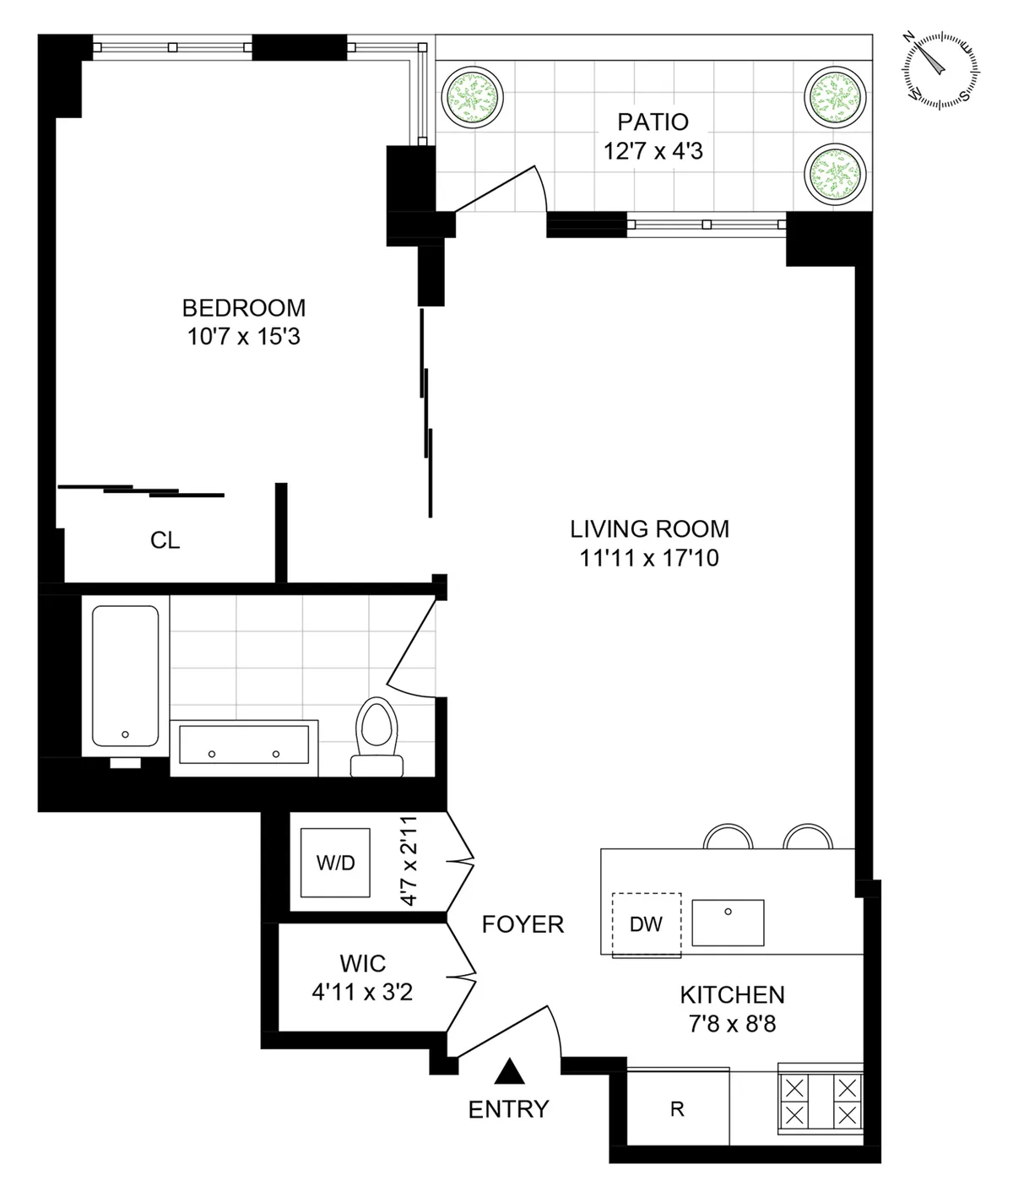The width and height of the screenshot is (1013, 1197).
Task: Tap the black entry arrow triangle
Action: tap(509, 1072)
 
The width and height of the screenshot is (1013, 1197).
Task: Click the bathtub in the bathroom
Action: tap(125, 675)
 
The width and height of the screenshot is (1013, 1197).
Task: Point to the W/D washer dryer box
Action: tap(336, 863)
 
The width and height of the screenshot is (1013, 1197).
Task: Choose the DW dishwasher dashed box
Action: tap(646, 924)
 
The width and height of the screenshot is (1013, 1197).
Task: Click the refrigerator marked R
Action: tap(677, 1109)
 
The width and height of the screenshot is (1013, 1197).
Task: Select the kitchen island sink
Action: tap(728, 922)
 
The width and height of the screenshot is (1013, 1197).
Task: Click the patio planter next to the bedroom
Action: tap(472, 95)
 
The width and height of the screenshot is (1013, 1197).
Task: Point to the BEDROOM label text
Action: tap(244, 308)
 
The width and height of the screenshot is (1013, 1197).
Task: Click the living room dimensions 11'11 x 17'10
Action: tap(649, 558)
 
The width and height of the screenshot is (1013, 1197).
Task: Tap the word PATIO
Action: tap(653, 122)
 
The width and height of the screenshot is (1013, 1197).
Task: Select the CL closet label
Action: tap(165, 541)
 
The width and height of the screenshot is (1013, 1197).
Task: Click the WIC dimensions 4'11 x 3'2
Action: tap(362, 992)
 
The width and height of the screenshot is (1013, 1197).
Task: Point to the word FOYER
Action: tap(523, 924)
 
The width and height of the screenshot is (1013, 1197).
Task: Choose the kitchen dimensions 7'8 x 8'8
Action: tap(732, 1024)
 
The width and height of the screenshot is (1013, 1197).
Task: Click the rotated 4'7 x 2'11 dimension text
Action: tap(409, 861)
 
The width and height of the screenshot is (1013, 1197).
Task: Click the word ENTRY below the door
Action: tap(508, 1108)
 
